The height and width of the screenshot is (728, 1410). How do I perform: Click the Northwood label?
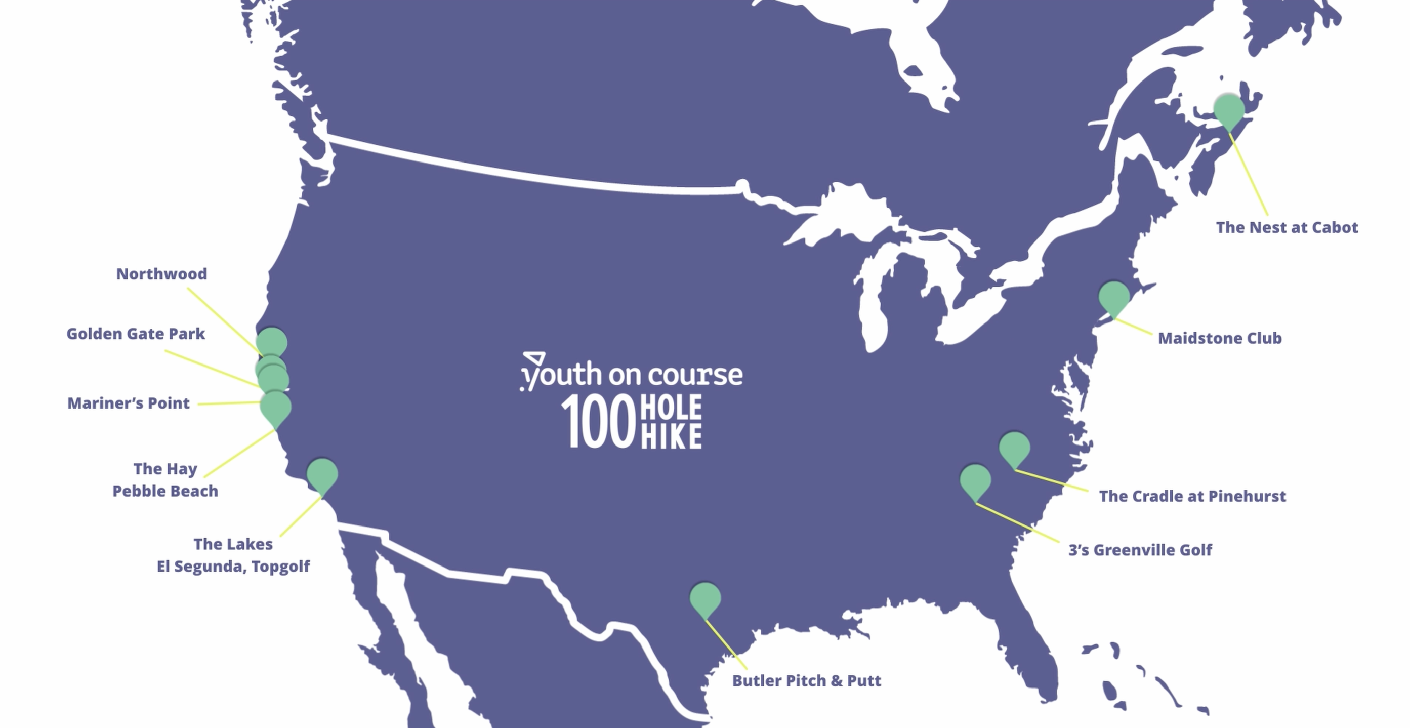(161, 274)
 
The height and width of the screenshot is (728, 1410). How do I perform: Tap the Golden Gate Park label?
(136, 334)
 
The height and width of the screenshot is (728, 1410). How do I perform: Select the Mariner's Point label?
(128, 403)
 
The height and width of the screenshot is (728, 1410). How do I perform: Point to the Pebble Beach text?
(165, 491)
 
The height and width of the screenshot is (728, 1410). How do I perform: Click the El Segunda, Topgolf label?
(233, 566)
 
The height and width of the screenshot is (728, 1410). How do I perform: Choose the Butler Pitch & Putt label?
(806, 680)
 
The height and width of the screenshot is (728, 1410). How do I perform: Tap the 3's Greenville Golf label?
(1140, 550)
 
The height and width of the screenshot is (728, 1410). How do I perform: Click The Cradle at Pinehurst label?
(1192, 496)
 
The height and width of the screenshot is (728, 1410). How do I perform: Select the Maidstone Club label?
(1220, 338)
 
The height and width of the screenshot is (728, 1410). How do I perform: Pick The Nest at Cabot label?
(1287, 227)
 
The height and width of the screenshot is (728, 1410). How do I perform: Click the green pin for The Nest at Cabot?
(1229, 109)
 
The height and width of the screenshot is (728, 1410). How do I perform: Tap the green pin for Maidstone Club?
(1114, 297)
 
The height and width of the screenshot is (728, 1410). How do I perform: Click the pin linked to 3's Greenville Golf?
(975, 480)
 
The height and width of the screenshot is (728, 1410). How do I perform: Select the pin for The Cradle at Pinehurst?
(1014, 448)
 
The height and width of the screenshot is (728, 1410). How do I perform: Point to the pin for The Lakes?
(322, 474)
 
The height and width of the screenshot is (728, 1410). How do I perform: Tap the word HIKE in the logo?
(671, 436)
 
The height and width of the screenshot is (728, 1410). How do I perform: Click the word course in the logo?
(695, 376)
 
